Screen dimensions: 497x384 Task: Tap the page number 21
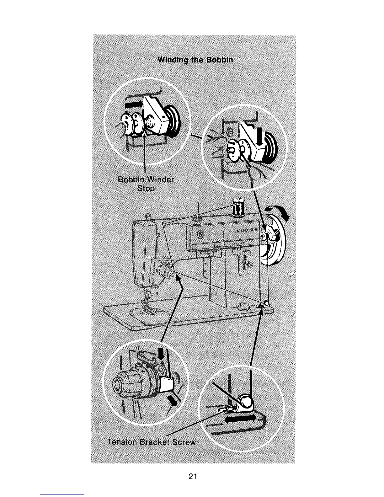(192, 477)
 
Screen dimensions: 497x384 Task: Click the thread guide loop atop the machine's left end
(164, 225)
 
